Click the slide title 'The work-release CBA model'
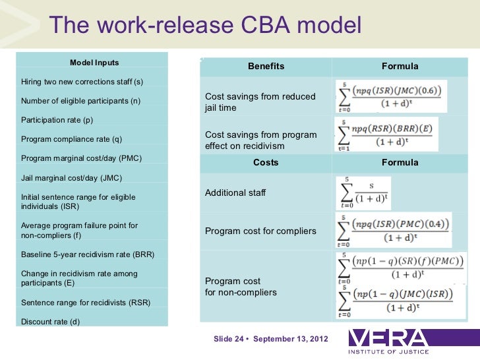(206, 26)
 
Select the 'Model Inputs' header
(94, 63)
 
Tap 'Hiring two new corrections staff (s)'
(82, 82)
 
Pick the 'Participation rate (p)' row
(57, 120)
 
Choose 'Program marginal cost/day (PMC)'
(82, 158)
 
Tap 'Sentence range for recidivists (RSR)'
(86, 303)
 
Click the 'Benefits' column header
(266, 67)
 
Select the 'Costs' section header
(266, 162)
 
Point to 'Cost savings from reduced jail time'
(260, 102)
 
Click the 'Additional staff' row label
(235, 193)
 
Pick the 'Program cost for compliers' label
(260, 231)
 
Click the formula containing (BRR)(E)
(388, 135)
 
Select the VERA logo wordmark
(389, 339)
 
